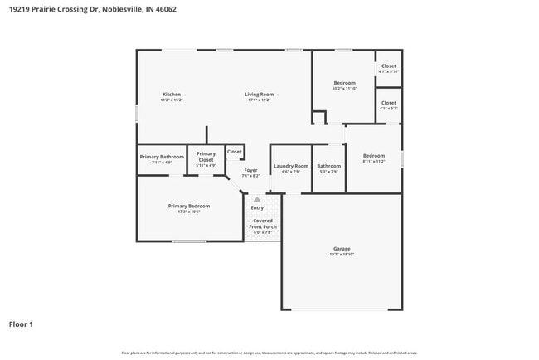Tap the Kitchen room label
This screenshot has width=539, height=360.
click(172, 95)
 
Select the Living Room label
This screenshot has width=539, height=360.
click(259, 95)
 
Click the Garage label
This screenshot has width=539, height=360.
click(342, 248)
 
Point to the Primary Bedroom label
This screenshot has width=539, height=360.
click(188, 206)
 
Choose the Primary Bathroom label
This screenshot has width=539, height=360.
click(162, 157)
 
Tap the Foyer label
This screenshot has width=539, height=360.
click(250, 170)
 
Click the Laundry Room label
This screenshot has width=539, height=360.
click(291, 166)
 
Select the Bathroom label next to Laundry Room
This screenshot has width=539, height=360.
click(329, 166)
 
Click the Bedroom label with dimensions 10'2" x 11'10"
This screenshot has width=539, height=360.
click(345, 83)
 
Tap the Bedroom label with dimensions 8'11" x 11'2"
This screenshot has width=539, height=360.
click(373, 156)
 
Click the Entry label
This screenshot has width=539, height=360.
click(257, 207)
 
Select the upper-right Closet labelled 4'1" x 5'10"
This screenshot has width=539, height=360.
click(388, 66)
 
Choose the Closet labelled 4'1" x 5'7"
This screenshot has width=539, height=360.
click(388, 103)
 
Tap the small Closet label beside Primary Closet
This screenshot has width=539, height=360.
click(235, 152)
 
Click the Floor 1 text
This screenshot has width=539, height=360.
click(21, 324)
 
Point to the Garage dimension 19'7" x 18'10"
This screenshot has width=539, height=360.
click(342, 255)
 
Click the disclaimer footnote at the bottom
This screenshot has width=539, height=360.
click(269, 353)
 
